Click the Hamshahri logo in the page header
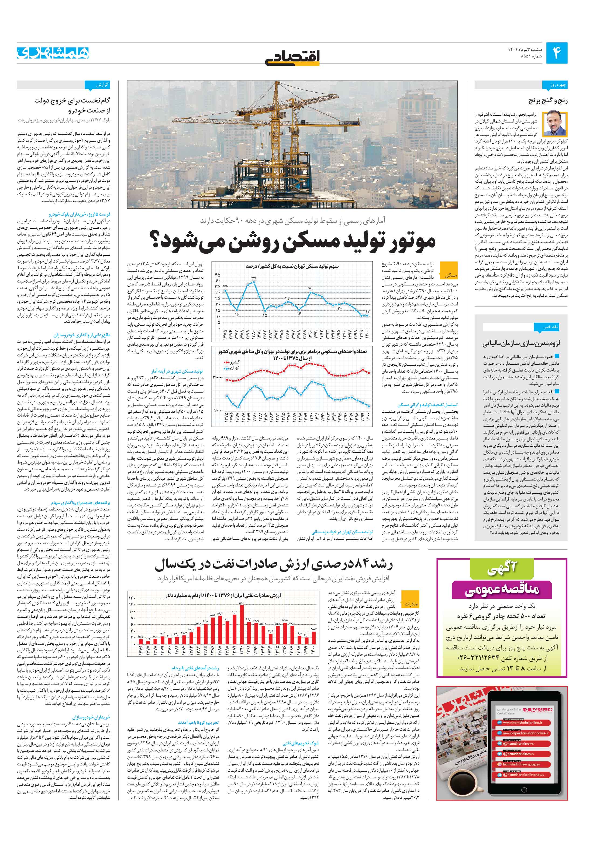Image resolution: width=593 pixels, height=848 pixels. click(53, 53)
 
